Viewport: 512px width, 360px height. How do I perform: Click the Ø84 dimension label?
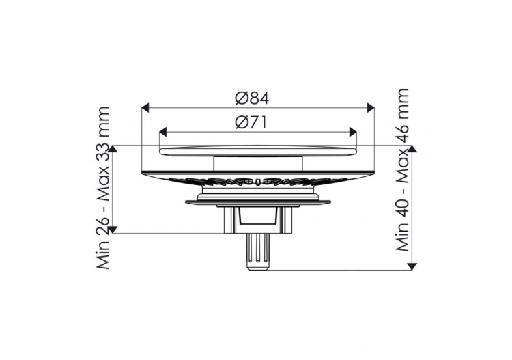point(252,98)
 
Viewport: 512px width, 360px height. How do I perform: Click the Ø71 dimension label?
point(251,123)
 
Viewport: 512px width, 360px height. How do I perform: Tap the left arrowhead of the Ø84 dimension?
point(145,107)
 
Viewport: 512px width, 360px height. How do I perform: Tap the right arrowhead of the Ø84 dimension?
point(370,107)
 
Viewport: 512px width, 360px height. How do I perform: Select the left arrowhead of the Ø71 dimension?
point(163,132)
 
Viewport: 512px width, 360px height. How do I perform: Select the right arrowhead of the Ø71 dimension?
point(353,132)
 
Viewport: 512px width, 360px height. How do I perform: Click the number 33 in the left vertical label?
point(103,156)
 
